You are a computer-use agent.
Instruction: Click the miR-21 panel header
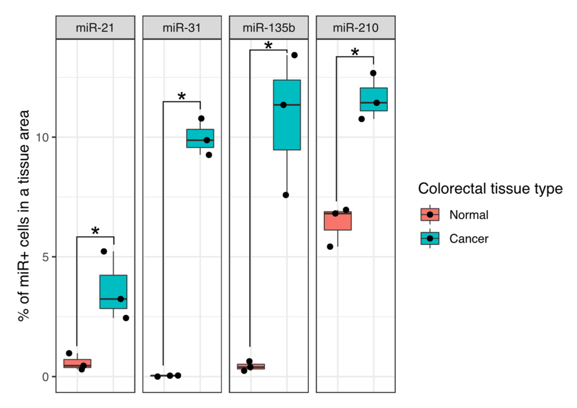coord(95,28)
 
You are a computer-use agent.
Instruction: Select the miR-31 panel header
coord(182,28)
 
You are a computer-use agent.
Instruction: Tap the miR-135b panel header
coord(269,28)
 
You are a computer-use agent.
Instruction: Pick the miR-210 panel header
coord(355,28)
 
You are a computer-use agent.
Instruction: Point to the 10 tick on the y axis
coord(42,137)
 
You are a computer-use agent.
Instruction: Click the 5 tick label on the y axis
coord(45,257)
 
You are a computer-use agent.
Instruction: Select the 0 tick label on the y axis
coord(45,377)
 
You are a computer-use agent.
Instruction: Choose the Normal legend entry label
coord(469,215)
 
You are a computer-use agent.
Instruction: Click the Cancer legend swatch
coord(430,238)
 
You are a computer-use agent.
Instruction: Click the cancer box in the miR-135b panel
coord(287,115)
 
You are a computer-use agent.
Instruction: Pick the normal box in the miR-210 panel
coord(338,221)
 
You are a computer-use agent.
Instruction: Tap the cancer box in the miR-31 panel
coord(200,138)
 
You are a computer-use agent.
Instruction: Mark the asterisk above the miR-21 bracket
coord(95,231)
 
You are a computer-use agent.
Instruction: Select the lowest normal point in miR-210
coord(330,247)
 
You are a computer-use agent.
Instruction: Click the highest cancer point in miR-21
coord(104,251)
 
